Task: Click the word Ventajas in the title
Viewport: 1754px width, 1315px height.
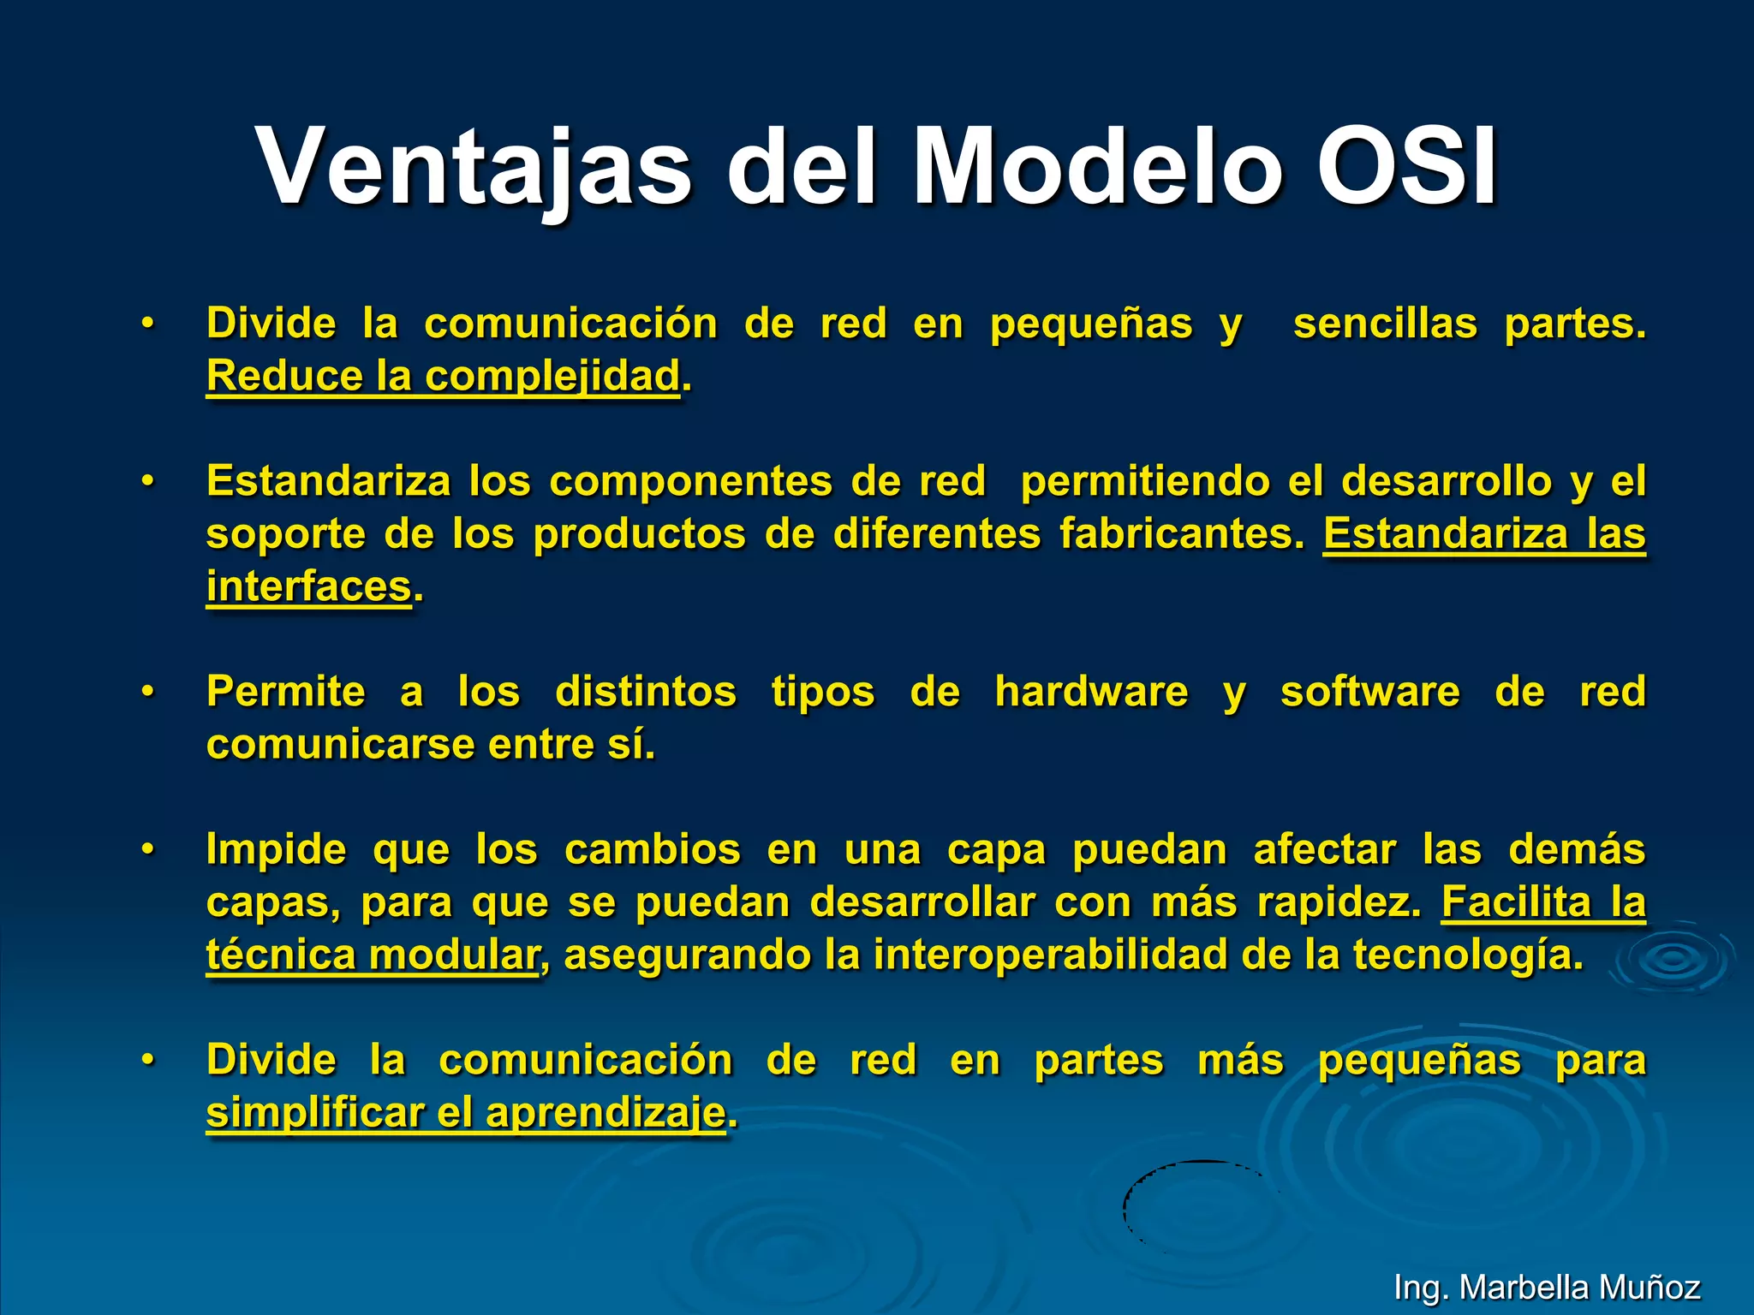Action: [x=474, y=167]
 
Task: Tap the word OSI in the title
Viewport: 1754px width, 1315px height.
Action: [x=1406, y=167]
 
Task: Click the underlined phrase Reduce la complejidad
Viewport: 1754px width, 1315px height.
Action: [x=443, y=376]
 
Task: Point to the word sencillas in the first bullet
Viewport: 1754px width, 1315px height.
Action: [x=1385, y=324]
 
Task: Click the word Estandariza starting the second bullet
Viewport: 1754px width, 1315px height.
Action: [x=328, y=481]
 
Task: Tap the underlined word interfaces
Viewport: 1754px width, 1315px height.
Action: [x=309, y=587]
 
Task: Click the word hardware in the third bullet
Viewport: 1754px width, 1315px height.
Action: [x=1091, y=692]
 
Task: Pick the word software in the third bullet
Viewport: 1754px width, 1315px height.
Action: [x=1369, y=692]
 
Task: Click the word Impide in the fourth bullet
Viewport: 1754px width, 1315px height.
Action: [x=276, y=850]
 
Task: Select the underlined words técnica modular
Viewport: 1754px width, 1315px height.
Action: [x=372, y=955]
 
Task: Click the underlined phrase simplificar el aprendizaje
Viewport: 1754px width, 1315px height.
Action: [x=466, y=1114]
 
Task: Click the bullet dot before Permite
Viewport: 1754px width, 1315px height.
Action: [x=148, y=691]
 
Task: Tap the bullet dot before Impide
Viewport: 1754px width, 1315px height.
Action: [x=148, y=849]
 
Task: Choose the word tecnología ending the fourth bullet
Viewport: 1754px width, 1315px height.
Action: [x=1467, y=955]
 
